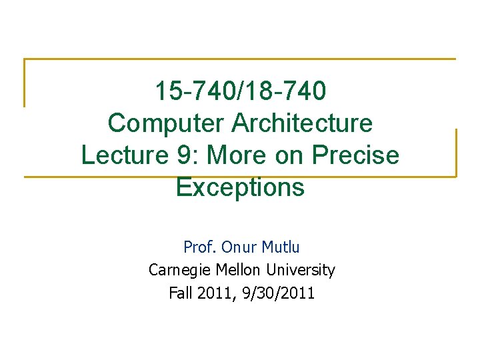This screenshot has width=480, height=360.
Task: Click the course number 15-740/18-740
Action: [x=240, y=91]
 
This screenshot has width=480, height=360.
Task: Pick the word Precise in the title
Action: [x=356, y=155]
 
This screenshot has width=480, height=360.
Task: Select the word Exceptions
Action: [x=240, y=187]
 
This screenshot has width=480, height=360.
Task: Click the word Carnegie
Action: [x=177, y=270]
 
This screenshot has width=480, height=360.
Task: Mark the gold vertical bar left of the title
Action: [x=25, y=83]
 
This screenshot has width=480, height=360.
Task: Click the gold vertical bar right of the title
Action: [x=456, y=153]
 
